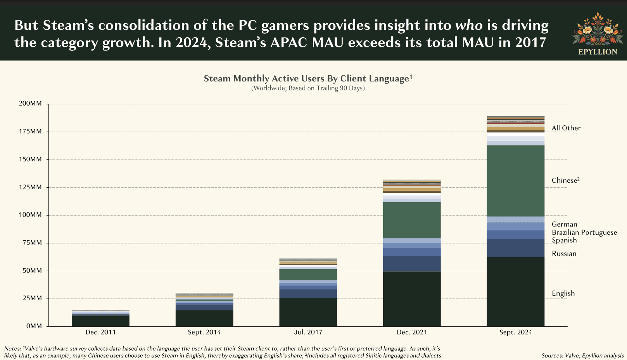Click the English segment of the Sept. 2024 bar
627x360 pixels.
[x=515, y=291]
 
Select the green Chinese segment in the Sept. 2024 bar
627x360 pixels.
[x=515, y=181]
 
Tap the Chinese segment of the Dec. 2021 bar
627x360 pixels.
[x=411, y=220]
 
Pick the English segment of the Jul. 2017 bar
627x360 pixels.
[x=308, y=312]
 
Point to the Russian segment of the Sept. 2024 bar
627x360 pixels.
[x=515, y=248]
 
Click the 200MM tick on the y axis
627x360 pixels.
[x=30, y=104]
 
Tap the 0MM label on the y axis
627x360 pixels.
[x=34, y=326]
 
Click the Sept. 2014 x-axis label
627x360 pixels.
[x=204, y=332]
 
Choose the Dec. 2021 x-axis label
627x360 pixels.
[x=411, y=332]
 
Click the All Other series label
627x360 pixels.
[x=566, y=128]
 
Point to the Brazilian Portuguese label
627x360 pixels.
[x=584, y=232]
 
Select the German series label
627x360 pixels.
[x=564, y=224]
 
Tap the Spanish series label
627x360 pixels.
[x=564, y=240]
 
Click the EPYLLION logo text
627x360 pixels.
[x=597, y=52]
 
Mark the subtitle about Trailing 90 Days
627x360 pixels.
[x=308, y=88]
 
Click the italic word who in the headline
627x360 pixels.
[x=468, y=25]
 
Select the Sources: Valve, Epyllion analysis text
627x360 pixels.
[x=582, y=355]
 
